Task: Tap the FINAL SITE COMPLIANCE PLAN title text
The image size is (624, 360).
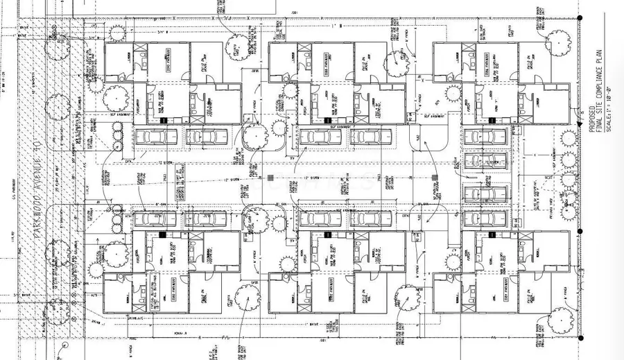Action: pyautogui.click(x=599, y=94)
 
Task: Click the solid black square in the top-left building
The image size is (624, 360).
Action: pyautogui.click(x=164, y=120)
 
